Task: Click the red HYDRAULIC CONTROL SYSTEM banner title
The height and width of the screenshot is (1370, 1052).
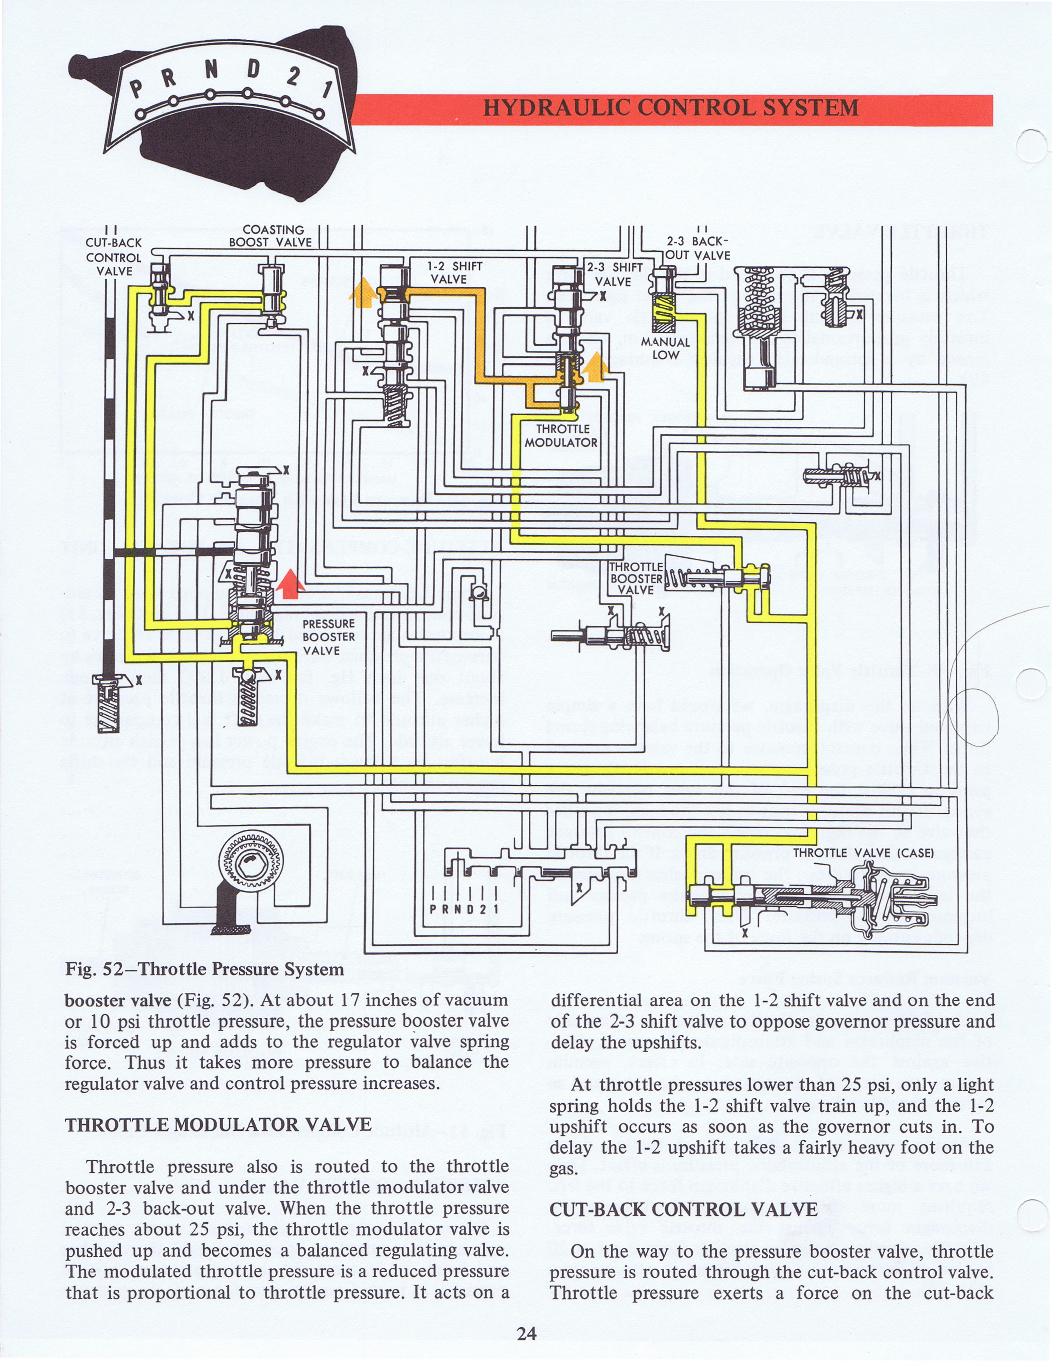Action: pos(671,108)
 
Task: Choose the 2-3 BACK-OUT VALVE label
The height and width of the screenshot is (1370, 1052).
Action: pos(697,249)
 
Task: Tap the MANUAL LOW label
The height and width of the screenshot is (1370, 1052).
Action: pos(665,348)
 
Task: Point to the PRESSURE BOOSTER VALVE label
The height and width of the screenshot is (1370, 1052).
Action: pos(328,637)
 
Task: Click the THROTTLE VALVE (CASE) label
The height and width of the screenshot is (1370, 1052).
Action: pos(863,853)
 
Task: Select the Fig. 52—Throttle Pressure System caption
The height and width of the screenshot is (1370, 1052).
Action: pos(204,969)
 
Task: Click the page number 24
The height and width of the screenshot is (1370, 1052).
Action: pos(526,1334)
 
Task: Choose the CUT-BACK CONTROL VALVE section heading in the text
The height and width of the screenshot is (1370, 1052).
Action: pos(683,1209)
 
